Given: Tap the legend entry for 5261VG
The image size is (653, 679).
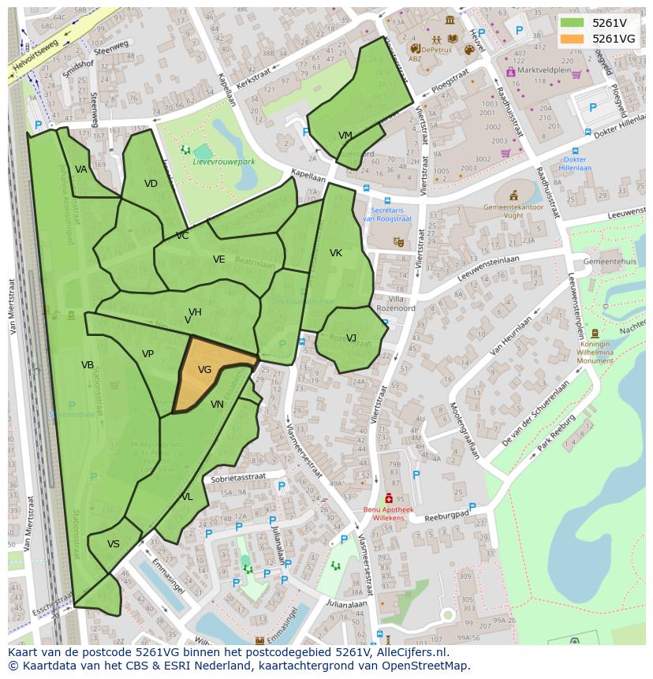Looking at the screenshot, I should [614, 38].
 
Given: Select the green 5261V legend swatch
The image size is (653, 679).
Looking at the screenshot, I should [572, 22].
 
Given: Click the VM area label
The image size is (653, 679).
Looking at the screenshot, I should [345, 136].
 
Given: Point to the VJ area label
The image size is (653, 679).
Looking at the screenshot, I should [351, 338].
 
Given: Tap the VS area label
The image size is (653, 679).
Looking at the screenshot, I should [114, 544].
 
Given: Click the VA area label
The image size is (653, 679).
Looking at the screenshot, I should [81, 170].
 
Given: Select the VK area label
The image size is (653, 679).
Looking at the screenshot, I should [336, 253].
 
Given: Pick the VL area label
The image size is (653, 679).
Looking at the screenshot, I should [187, 497].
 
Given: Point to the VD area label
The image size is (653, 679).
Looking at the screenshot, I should [151, 184].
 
